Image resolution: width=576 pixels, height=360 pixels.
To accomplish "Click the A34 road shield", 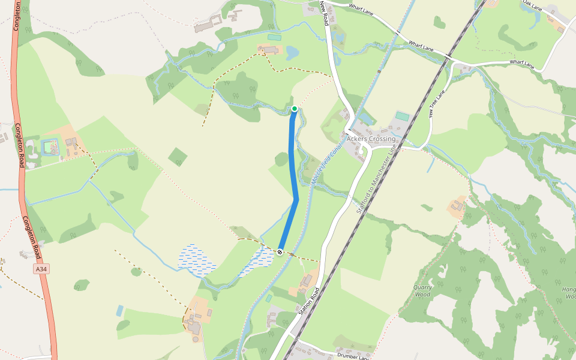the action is pos(41,269).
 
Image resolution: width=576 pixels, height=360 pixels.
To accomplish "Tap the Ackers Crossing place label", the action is pos(371,139).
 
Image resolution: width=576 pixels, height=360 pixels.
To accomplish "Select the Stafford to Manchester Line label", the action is pos(377,179).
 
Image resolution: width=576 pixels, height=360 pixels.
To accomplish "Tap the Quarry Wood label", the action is pos(422,291).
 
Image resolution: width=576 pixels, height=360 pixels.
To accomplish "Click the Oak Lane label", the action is pos(532,5).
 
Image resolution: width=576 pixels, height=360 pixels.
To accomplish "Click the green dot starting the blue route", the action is pos(295,109).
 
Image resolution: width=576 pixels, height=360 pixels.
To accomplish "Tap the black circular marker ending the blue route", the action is pos(280,251).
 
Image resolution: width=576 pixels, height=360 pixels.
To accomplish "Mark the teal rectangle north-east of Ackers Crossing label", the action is pos(402,116).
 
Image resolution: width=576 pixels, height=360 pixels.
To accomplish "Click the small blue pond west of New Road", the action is pos(293,53).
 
